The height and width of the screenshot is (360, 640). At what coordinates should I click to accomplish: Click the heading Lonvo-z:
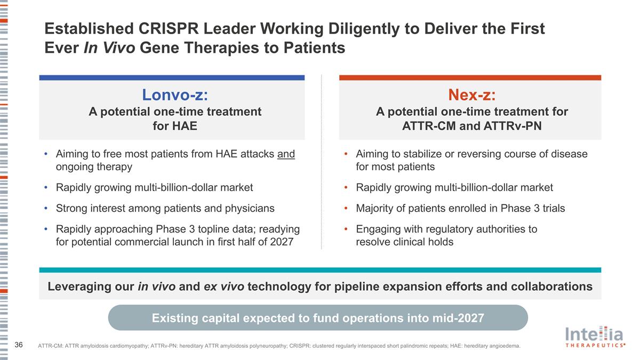[x=174, y=95]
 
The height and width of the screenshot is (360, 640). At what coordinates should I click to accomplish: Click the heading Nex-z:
[x=471, y=95]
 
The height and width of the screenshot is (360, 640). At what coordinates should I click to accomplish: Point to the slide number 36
[x=19, y=345]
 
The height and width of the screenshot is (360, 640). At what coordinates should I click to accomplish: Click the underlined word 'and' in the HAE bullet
[x=286, y=154]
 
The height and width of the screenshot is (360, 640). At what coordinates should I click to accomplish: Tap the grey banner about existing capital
[x=318, y=318]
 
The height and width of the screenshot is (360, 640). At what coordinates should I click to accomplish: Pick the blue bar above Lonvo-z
[x=172, y=77]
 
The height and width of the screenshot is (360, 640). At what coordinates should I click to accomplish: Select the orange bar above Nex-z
[x=470, y=77]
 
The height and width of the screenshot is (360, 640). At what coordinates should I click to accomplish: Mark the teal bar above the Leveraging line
[x=320, y=270]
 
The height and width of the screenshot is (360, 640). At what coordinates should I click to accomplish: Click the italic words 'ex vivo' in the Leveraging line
[x=224, y=286]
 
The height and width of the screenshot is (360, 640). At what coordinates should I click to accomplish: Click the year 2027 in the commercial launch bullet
[x=282, y=242]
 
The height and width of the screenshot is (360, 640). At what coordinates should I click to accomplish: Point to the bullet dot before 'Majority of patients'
[x=346, y=208]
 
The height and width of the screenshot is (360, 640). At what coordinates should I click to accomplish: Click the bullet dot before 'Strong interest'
[x=46, y=208]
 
